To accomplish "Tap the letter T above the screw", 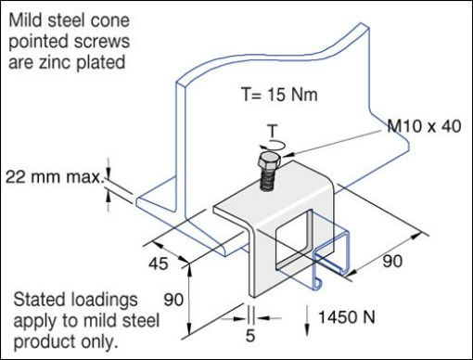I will pyautogui.click(x=271, y=130).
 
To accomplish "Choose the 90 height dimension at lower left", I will pyautogui.click(x=172, y=301).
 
